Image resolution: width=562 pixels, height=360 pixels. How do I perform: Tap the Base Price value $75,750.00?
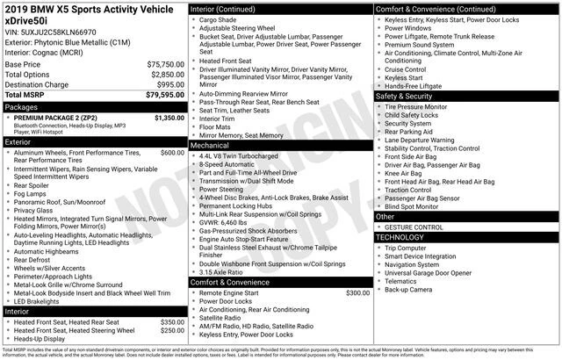click(x=165, y=65)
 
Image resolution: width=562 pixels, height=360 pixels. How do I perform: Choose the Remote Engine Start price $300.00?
click(x=357, y=292)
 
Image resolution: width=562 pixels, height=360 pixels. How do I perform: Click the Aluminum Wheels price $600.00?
click(x=172, y=152)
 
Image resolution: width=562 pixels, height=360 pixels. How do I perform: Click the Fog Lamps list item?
click(x=31, y=194)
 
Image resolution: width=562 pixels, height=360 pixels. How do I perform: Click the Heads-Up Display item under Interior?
click(x=43, y=339)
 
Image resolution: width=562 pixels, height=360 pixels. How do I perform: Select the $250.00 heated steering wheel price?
click(x=172, y=331)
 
